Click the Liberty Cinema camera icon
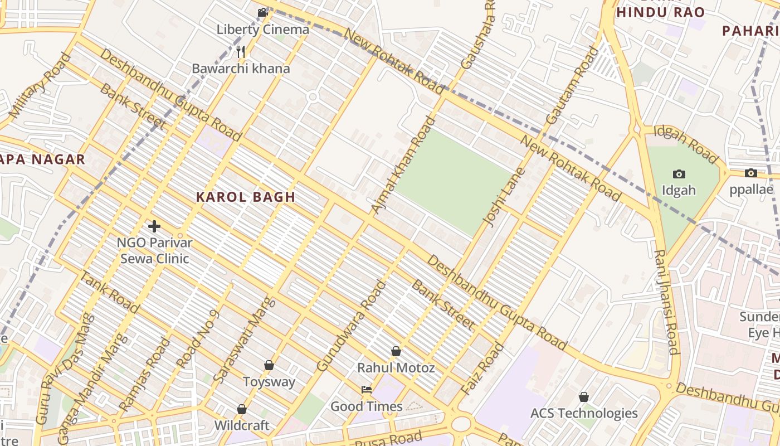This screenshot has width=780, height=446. [262, 12]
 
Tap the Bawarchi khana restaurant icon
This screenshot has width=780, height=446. [241, 52]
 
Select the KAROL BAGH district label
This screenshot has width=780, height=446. [246, 197]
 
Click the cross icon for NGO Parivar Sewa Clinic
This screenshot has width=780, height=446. [154, 226]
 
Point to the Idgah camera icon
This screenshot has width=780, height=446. [679, 174]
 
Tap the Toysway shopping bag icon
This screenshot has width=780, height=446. [269, 365]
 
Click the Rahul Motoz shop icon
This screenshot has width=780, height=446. [396, 351]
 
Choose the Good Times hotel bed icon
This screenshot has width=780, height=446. [367, 390]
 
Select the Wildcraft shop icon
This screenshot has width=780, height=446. [242, 409]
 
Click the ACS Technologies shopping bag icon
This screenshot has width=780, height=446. [583, 397]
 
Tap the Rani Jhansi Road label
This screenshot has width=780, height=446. [666, 302]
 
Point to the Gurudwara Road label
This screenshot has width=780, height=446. [351, 326]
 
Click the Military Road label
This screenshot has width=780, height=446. [40, 85]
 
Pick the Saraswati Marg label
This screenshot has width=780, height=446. [244, 340]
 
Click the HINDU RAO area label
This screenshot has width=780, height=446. [661, 12]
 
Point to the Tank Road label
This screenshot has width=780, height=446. [110, 292]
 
